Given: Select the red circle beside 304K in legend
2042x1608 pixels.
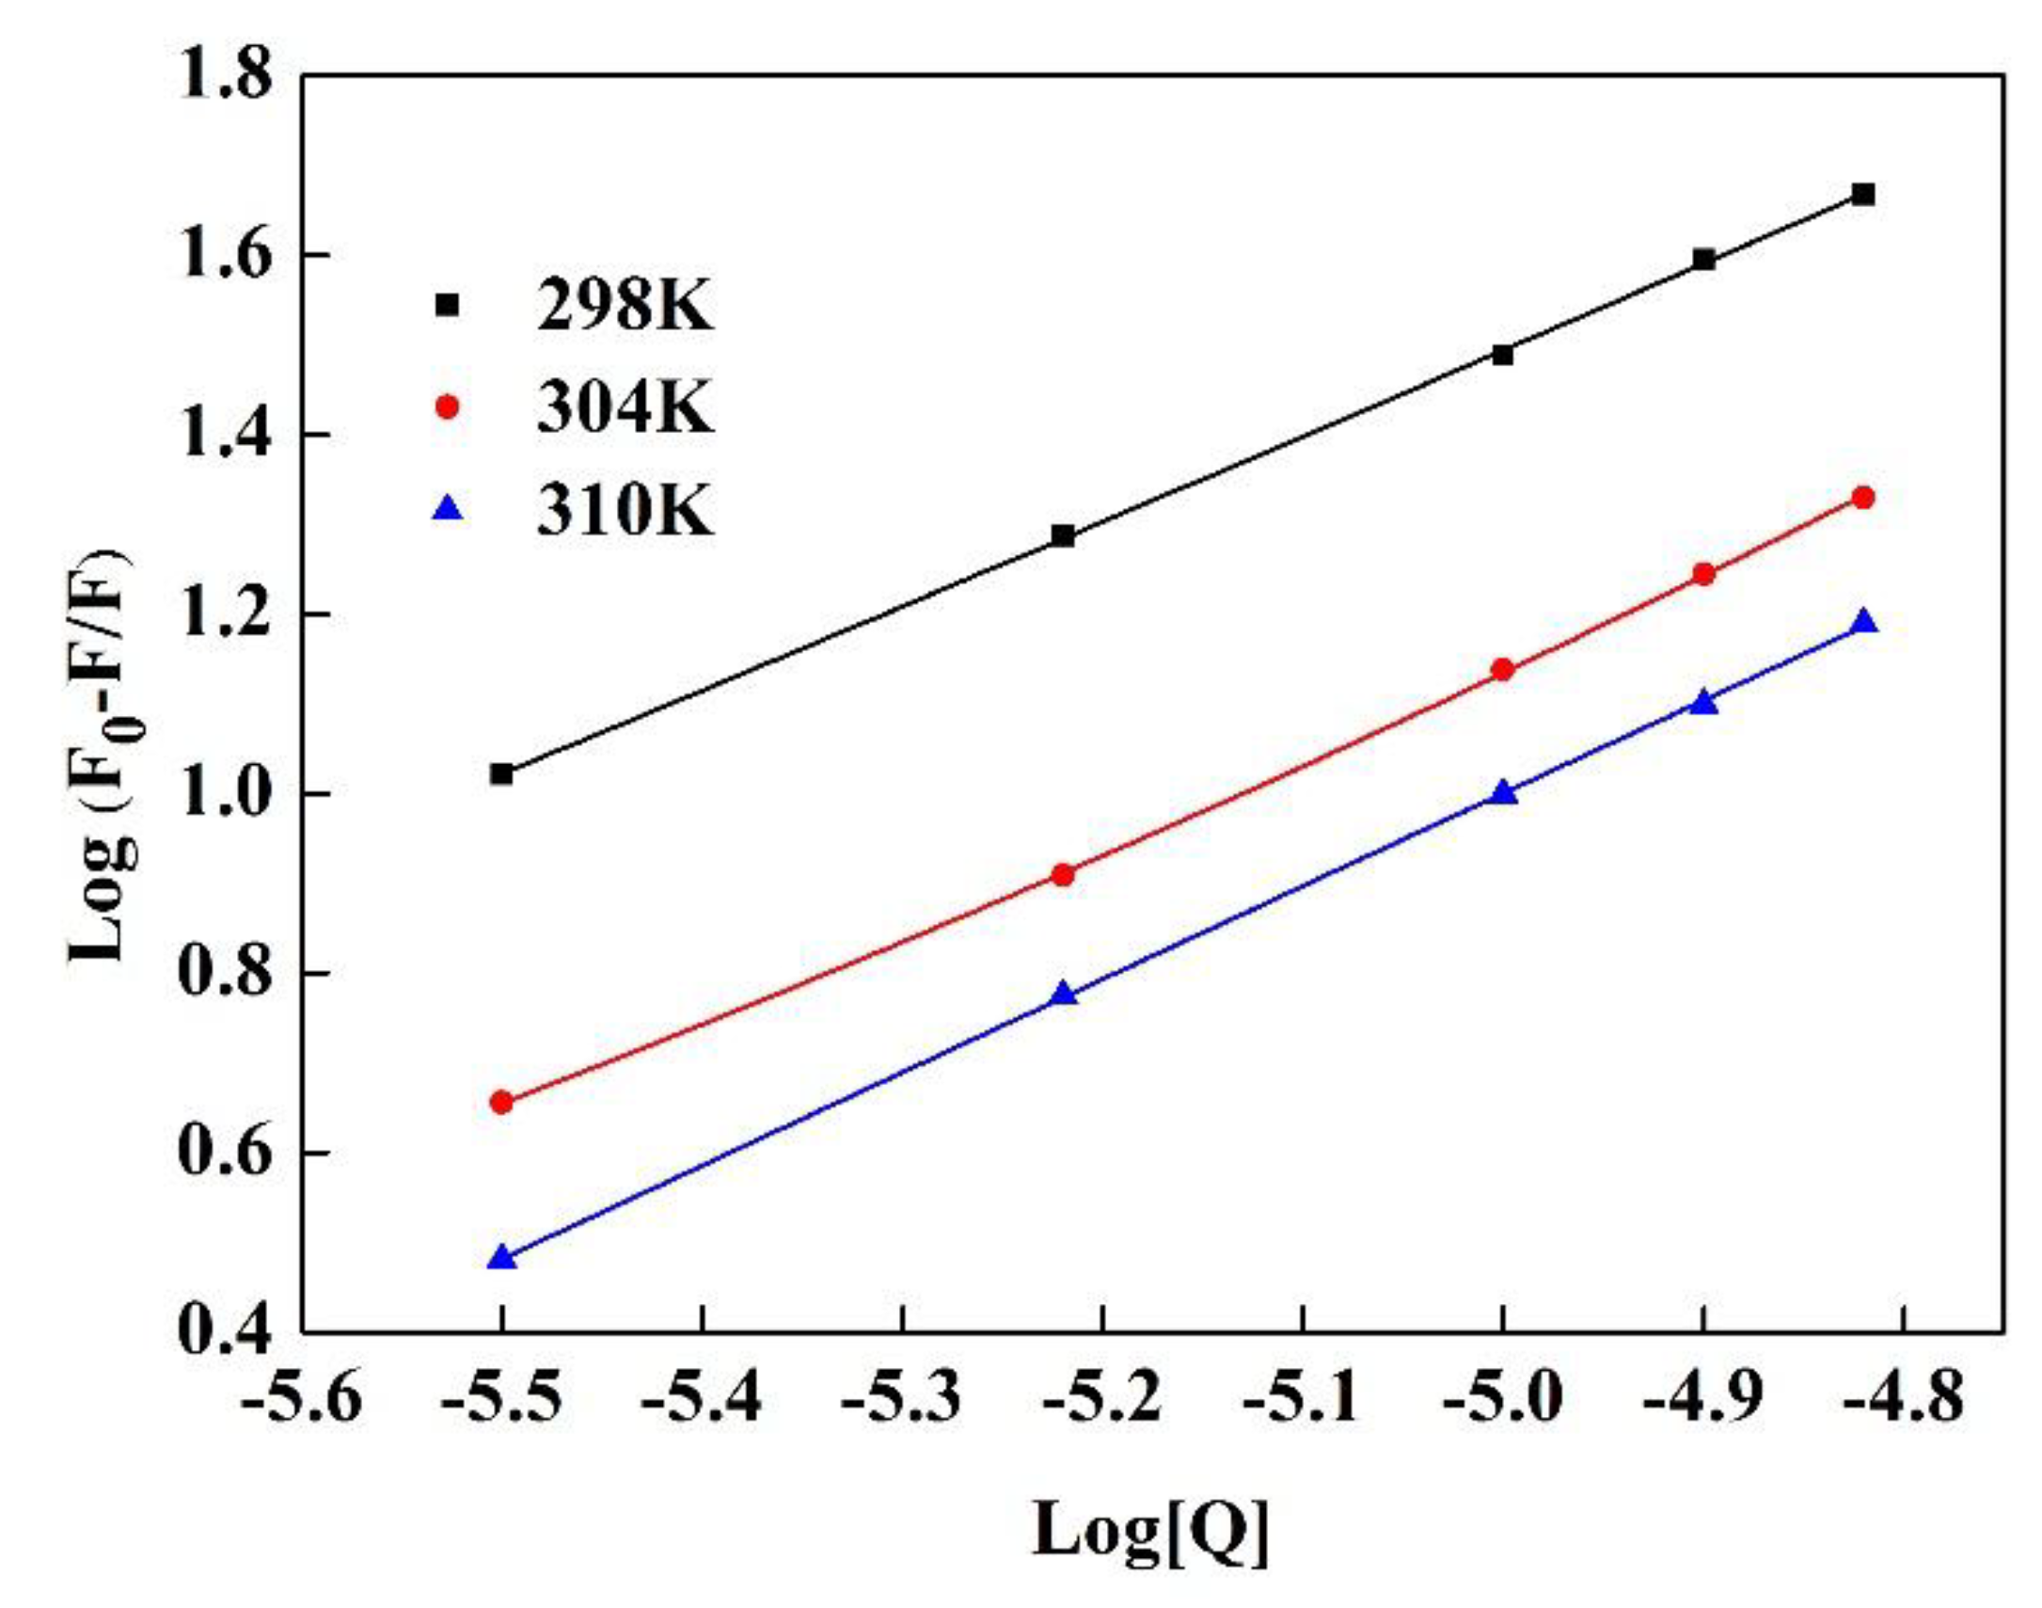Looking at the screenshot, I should [448, 407].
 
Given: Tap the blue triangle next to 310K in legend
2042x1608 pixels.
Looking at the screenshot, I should [448, 509].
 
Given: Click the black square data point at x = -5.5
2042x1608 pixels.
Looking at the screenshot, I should [501, 773].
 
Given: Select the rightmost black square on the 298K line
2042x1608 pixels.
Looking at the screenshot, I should [1863, 195].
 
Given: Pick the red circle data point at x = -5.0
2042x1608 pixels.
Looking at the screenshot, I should [1503, 670].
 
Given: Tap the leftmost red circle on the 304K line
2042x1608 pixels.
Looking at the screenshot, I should [501, 1103].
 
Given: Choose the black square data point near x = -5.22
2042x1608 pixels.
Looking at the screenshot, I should [1063, 535].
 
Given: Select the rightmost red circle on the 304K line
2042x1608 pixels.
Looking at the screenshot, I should [1863, 497].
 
